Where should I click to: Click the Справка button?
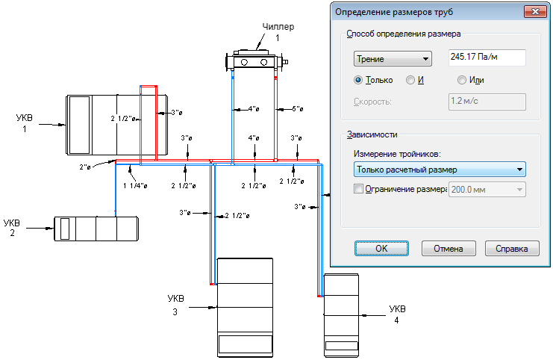[x=511, y=249]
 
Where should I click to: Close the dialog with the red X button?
[x=533, y=11]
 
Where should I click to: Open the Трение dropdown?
[x=393, y=59]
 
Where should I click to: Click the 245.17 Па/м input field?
[x=487, y=58]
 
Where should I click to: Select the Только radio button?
[x=359, y=80]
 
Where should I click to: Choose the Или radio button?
[x=462, y=80]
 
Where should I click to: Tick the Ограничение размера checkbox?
[x=357, y=189]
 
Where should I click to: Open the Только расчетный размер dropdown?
[x=439, y=170]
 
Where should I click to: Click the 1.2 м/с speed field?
[x=487, y=102]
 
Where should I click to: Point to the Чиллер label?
[x=278, y=27]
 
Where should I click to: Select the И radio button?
[x=410, y=80]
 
